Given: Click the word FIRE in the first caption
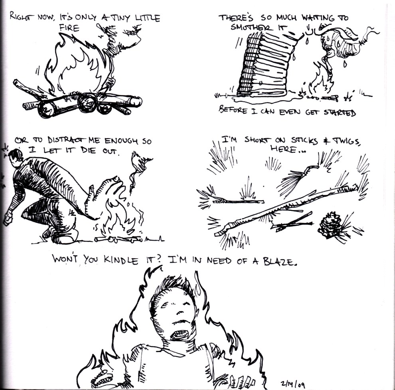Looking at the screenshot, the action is coord(69,28).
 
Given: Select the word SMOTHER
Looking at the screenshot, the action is coord(251,27).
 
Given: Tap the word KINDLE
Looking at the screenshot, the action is coord(121,259).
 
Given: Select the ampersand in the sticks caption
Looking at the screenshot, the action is coord(326,141).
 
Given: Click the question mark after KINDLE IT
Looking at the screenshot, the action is coord(158,259).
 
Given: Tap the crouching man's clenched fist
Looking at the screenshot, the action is coord(8,219).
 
